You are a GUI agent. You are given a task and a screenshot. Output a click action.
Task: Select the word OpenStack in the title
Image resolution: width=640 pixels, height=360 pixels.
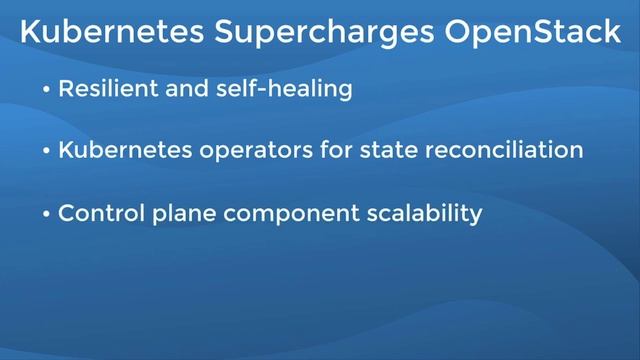(530, 34)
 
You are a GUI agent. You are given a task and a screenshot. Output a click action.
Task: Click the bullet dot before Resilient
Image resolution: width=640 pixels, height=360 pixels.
(46, 90)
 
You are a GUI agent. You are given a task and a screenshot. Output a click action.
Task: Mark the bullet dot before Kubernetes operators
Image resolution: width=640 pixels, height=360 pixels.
(46, 153)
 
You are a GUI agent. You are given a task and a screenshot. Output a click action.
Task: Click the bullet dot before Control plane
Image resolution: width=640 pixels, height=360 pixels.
(46, 215)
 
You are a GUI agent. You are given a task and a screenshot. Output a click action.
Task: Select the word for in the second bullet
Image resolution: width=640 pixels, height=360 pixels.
(337, 152)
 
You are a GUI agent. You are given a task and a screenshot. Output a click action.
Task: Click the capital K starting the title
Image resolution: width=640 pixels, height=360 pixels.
(30, 32)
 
